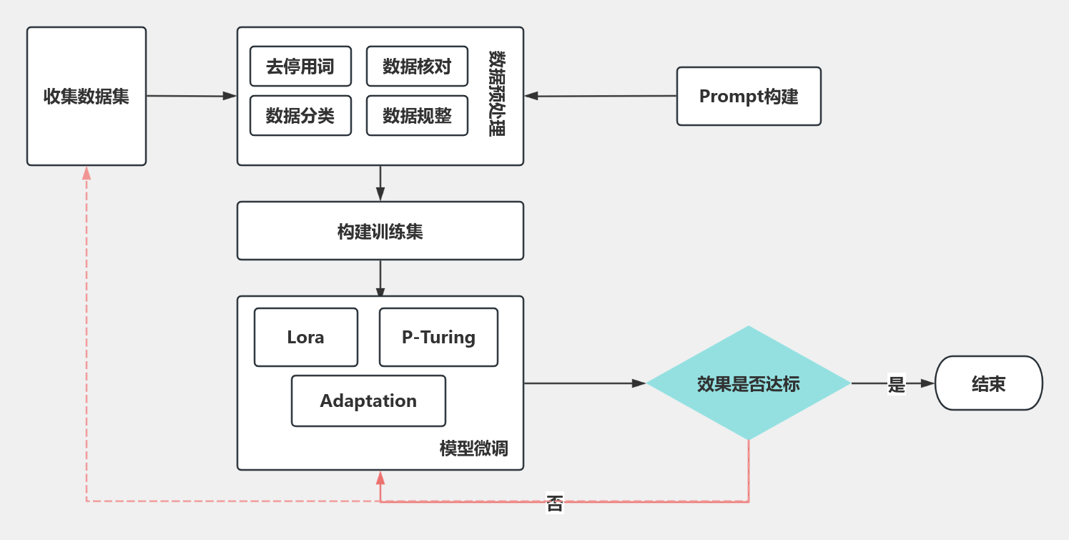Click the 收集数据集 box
tap(87, 96)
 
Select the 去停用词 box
tap(300, 67)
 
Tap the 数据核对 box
tap(417, 67)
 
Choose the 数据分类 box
tap(300, 116)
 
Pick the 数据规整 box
tap(417, 116)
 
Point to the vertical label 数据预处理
tap(497, 94)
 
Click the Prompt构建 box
tap(749, 96)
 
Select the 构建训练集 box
tap(380, 230)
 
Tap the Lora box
tap(306, 337)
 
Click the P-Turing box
tap(438, 337)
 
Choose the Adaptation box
tap(368, 401)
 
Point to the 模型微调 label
tap(473, 448)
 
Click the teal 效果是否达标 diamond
tap(749, 383)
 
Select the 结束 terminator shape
tap(989, 383)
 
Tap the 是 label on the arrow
tap(896, 384)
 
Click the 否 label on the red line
tap(555, 503)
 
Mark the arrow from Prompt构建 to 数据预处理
tap(601, 96)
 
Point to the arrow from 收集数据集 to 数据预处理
tap(192, 96)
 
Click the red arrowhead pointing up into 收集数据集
tap(87, 173)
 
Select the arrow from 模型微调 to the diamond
tap(585, 383)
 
